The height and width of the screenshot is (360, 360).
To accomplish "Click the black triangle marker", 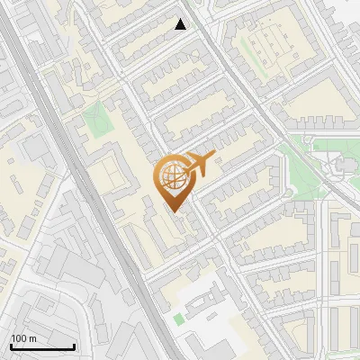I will [181, 24].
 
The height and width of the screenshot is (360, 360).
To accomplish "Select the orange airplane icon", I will [197, 165].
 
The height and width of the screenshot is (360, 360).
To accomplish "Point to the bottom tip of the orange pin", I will [174, 212].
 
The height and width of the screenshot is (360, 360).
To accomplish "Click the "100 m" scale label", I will [23, 338].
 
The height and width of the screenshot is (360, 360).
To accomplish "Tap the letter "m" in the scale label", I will [32, 338].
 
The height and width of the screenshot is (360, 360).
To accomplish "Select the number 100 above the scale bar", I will [19, 338].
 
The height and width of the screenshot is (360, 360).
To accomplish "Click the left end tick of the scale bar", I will [11, 346].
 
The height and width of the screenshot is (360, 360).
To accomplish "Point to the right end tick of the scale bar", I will [74, 346].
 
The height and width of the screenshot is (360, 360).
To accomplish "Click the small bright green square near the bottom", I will [178, 319].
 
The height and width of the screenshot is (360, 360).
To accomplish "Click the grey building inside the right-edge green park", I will [345, 165].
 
